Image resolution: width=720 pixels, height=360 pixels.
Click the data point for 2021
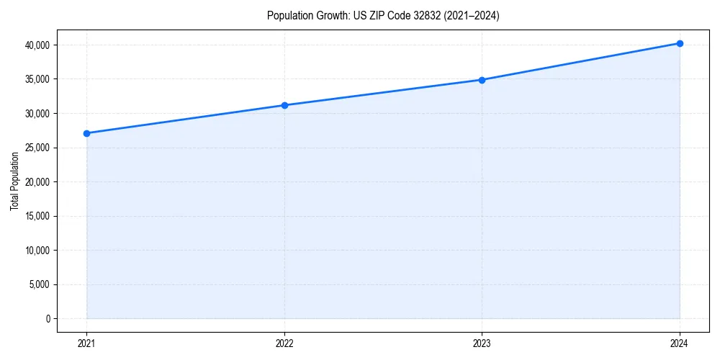point(86,133)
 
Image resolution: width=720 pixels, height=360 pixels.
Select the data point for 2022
point(284,105)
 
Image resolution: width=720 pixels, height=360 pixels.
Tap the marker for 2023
point(482,80)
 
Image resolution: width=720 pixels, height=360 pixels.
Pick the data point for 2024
point(680,43)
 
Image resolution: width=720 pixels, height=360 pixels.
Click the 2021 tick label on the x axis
point(86,343)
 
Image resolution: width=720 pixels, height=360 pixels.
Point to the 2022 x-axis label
point(284,343)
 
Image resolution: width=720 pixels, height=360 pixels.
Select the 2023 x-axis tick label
point(482,343)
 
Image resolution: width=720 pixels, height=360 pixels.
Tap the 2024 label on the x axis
point(680,343)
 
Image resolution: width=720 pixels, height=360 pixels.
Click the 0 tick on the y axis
point(47,318)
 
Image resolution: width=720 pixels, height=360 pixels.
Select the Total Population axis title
point(14,181)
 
